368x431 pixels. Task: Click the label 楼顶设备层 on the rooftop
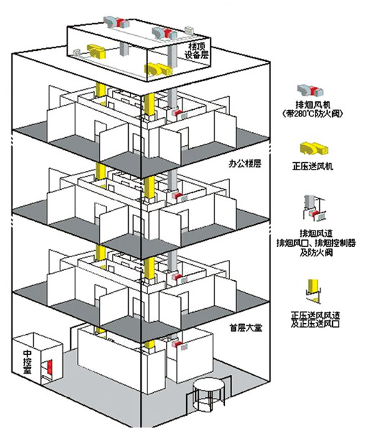tap(196, 50)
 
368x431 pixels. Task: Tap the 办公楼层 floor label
tap(244, 164)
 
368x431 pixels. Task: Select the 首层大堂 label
tap(246, 328)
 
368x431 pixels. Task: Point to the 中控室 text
tap(27, 361)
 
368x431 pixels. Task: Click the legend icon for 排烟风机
tap(310, 91)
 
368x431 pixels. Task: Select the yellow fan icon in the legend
tap(314, 149)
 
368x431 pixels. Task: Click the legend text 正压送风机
tap(313, 167)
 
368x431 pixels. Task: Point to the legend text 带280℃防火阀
tap(313, 113)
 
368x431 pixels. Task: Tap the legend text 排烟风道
tap(316, 233)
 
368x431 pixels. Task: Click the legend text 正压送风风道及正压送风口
tap(316, 319)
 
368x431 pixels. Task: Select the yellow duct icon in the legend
tap(313, 291)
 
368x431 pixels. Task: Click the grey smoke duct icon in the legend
tap(314, 208)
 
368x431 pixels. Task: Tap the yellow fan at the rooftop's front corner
tap(159, 69)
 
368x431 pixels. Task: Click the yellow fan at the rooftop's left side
tap(96, 52)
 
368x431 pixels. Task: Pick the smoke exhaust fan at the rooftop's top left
tap(116, 22)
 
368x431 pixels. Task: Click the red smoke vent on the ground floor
tap(177, 344)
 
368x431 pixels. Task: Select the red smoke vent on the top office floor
tap(177, 112)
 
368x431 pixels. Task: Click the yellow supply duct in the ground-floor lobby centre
tap(149, 347)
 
